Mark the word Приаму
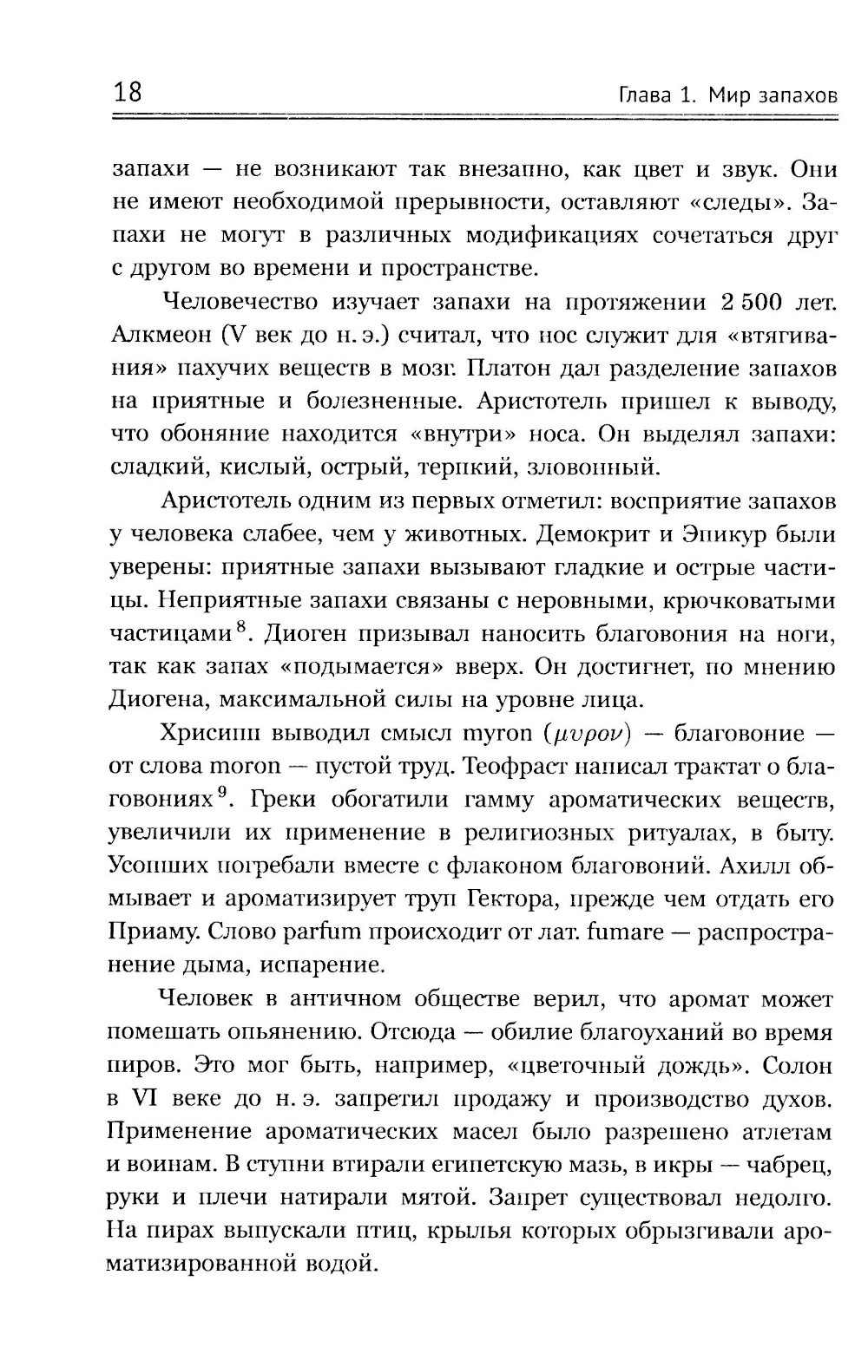click(x=146, y=932)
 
